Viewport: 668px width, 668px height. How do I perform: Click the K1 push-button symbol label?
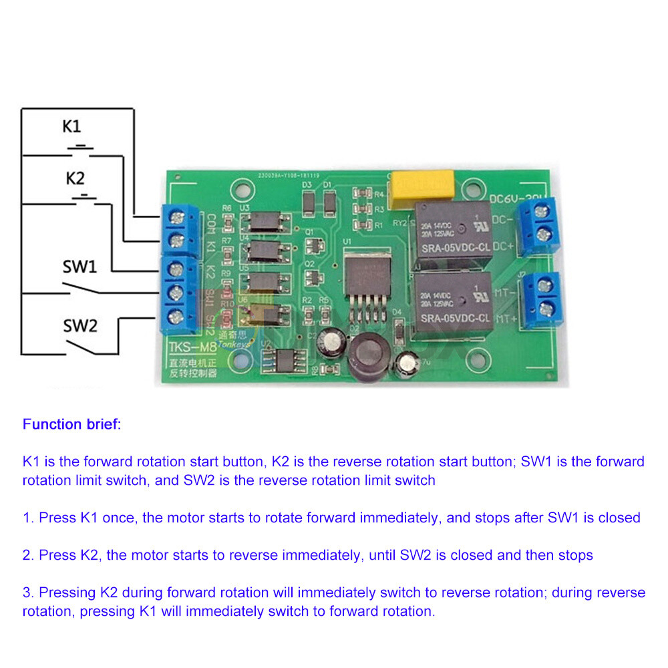(72, 126)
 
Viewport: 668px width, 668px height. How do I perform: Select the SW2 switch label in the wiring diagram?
(80, 325)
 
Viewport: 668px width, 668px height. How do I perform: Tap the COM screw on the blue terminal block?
(176, 216)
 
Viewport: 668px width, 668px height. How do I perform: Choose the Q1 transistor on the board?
(310, 243)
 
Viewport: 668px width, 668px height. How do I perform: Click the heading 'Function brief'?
(71, 424)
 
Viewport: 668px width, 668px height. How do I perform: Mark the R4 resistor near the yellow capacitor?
(363, 194)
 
